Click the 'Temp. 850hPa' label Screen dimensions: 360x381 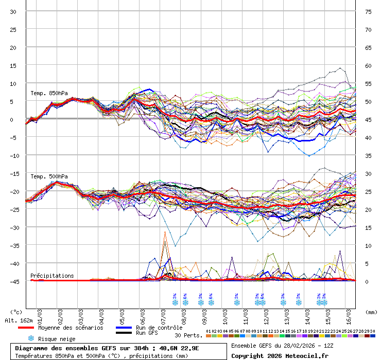click(49, 93)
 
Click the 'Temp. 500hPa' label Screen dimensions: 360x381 click(49, 176)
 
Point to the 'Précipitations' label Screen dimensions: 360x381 click(52, 276)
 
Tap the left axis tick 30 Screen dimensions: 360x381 click(13, 11)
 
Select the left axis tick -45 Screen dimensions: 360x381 click(13, 281)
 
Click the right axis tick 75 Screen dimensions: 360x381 click(369, 11)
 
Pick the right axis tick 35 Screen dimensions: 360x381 click(369, 155)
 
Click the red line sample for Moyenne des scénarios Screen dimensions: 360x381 click(26, 328)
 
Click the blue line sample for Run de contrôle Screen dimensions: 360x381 click(124, 328)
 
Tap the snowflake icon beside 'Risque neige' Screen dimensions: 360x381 click(31, 338)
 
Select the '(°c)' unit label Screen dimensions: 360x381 click(16, 312)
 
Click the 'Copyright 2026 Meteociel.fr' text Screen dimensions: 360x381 click(280, 355)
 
